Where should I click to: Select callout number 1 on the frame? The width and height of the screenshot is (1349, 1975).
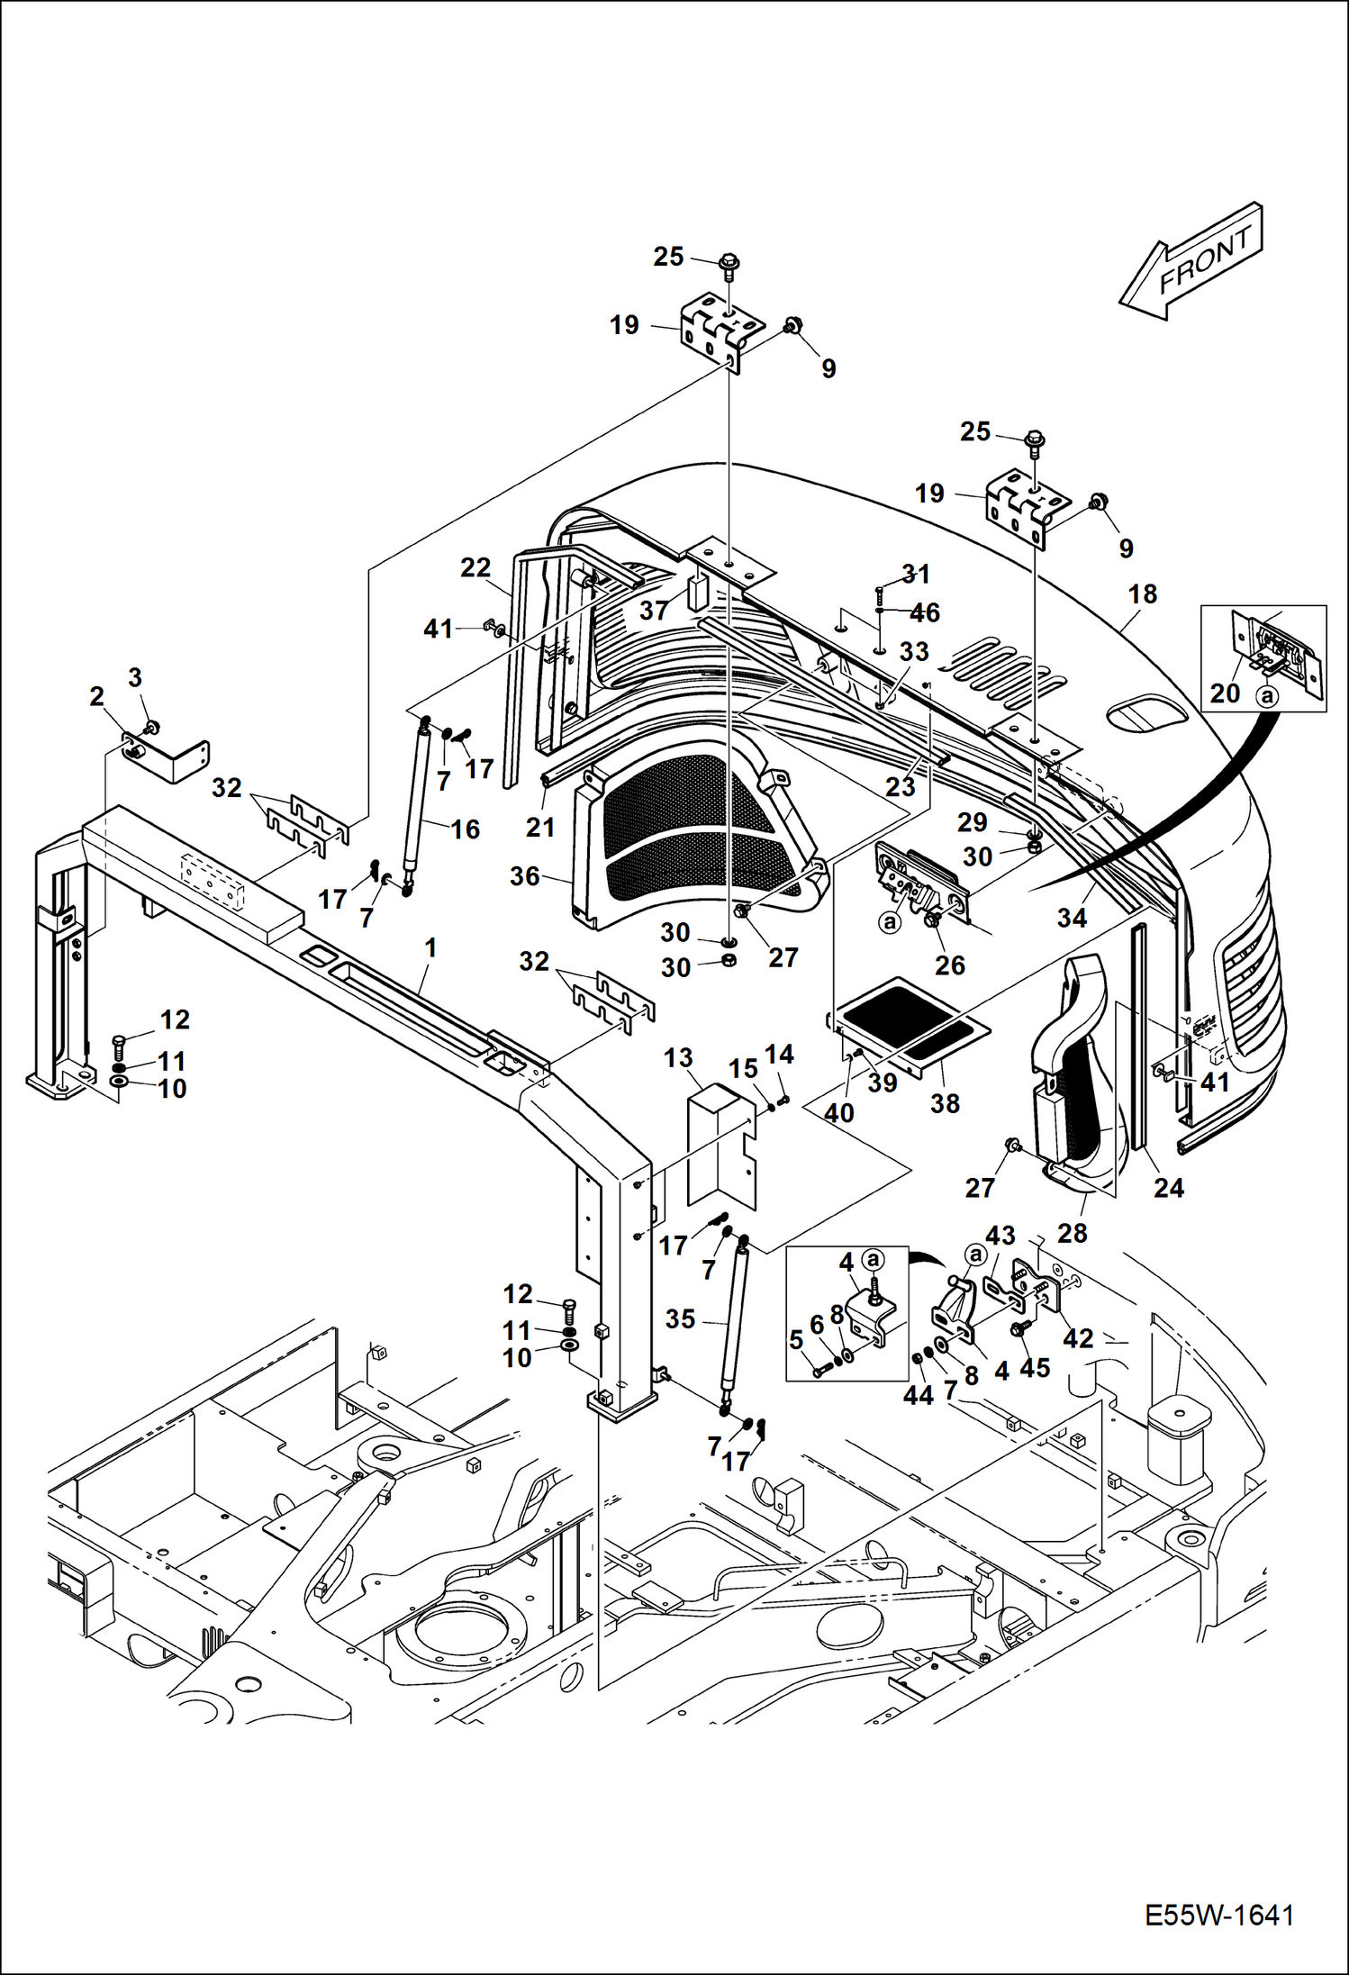[x=430, y=947]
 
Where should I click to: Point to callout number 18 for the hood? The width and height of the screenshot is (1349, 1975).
[x=1142, y=594]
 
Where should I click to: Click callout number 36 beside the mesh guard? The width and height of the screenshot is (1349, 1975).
[x=525, y=876]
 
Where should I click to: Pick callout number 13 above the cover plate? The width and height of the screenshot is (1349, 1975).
[x=678, y=1058]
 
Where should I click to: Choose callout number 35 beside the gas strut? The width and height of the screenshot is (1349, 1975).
[x=680, y=1318]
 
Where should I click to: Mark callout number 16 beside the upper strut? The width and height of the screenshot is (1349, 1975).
[x=465, y=829]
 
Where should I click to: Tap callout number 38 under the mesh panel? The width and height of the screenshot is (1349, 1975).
[x=945, y=1103]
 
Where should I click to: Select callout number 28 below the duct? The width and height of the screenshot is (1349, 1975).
[x=1072, y=1233]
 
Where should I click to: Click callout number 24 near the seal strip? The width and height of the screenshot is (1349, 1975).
[x=1168, y=1188]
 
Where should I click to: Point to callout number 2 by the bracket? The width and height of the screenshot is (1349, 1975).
[x=97, y=696]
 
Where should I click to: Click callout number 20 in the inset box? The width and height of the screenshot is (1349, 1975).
[x=1225, y=693]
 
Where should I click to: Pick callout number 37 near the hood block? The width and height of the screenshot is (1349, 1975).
[x=654, y=611]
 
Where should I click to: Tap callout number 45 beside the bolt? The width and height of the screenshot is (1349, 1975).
[x=1035, y=1368]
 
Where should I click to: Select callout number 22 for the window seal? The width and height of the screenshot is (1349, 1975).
[x=475, y=567]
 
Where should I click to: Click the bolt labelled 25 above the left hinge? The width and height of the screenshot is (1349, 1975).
[x=728, y=262]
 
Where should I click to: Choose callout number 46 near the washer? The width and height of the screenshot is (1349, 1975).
[x=925, y=613]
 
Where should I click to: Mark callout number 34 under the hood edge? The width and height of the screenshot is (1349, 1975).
[x=1072, y=918]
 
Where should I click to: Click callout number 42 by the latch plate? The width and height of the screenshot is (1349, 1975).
[x=1078, y=1338]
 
